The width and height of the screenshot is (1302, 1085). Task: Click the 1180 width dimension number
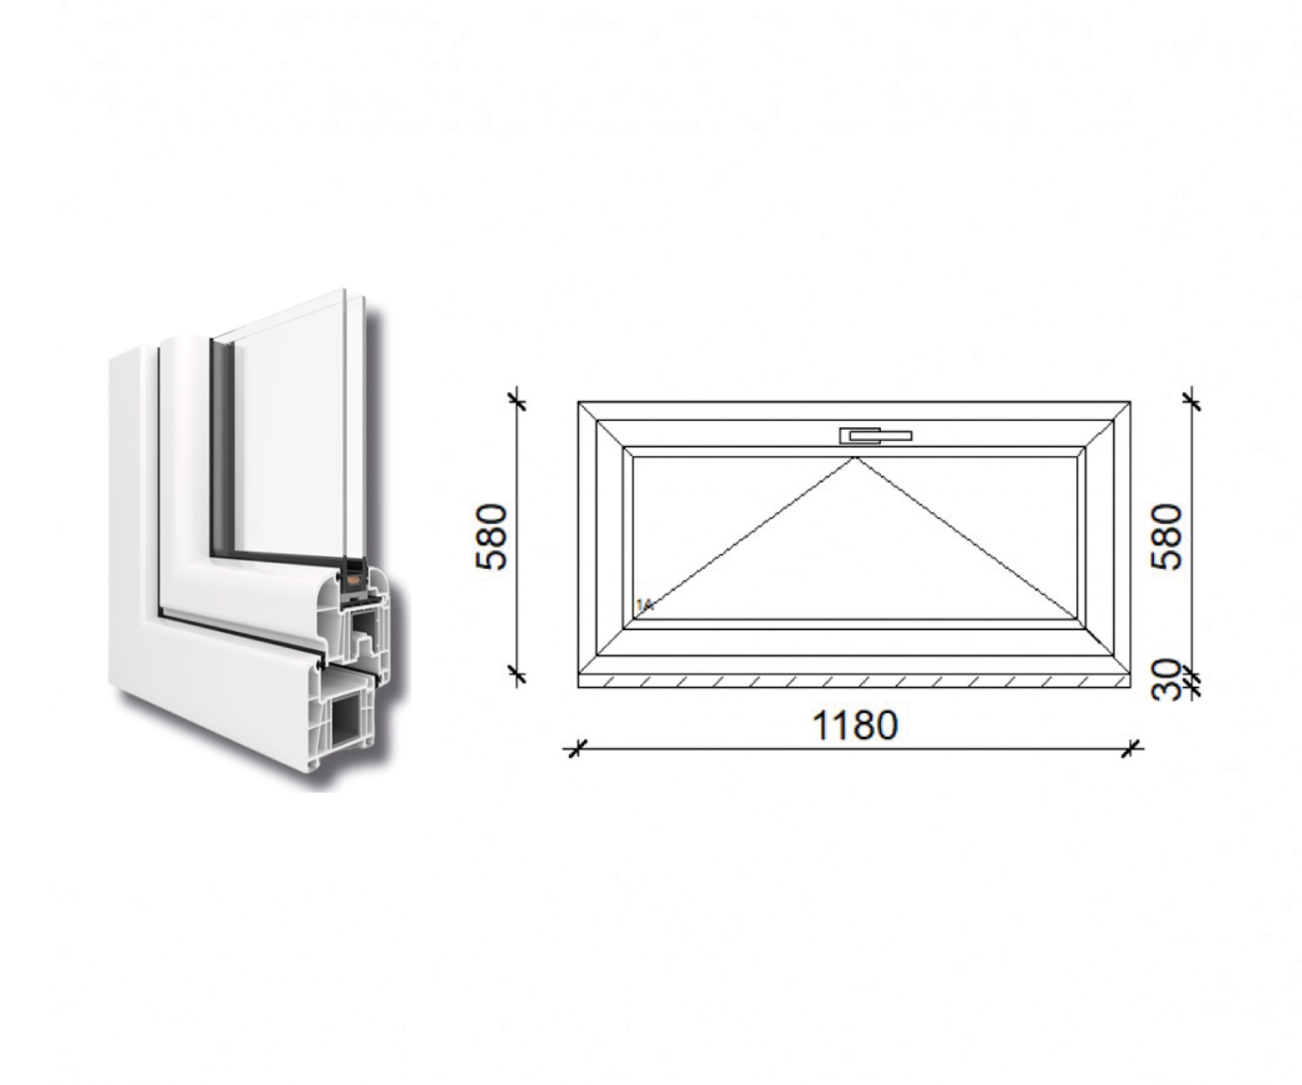pyautogui.click(x=855, y=725)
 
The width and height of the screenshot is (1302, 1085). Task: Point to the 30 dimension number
pyautogui.click(x=1166, y=680)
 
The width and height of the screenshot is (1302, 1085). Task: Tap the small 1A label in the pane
pyautogui.click(x=645, y=604)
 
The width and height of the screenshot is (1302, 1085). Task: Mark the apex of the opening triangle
pyautogui.click(x=855, y=458)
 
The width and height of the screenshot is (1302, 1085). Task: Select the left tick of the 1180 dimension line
pyautogui.click(x=575, y=749)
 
